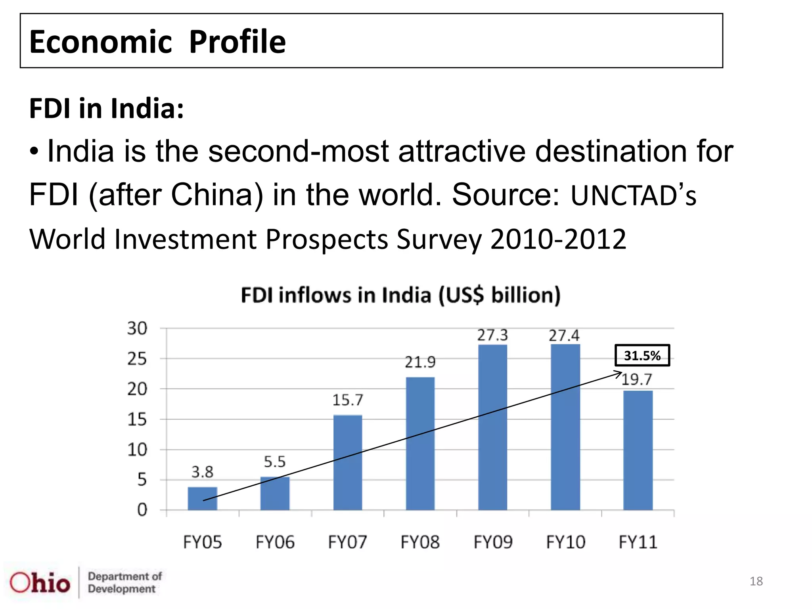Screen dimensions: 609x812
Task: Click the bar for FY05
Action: pos(202,498)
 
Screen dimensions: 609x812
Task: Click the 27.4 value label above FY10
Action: pos(564,336)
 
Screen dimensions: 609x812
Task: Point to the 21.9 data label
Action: pos(420,362)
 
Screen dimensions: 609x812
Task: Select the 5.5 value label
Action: pos(274,462)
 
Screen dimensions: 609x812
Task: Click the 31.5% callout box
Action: pos(642,356)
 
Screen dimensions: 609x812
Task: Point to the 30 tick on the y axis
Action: pos(137,329)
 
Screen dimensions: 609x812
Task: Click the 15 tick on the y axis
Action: pos(137,419)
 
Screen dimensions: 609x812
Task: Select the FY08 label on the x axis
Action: pos(420,542)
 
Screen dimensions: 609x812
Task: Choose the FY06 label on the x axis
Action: pos(275,542)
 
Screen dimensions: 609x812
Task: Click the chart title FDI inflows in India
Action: pos(400,295)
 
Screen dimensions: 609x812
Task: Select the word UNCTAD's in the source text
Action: pos(633,195)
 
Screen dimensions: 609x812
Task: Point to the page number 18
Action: pos(756,581)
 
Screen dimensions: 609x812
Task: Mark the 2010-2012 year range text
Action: pos(558,239)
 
